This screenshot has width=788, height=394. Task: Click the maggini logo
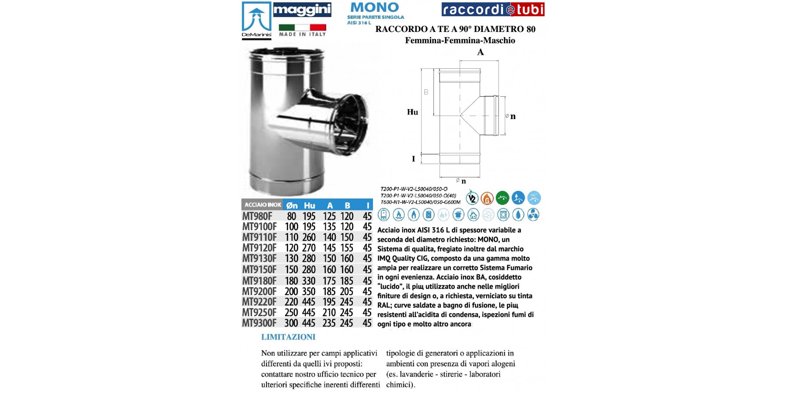pyautogui.click(x=302, y=10)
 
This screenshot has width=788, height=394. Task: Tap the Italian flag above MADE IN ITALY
pyautogui.click(x=302, y=27)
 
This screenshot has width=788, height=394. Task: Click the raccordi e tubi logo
pyautogui.click(x=493, y=9)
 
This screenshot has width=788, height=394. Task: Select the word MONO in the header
pyautogui.click(x=375, y=7)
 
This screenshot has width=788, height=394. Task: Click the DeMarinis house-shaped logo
pyautogui.click(x=257, y=21)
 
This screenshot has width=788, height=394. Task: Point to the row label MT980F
pyautogui.click(x=257, y=216)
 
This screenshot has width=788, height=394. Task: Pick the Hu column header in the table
pyautogui.click(x=310, y=205)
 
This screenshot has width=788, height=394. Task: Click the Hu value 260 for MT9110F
pyautogui.click(x=309, y=237)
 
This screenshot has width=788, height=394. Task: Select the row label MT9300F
pyautogui.click(x=259, y=323)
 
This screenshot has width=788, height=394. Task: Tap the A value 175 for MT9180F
pyautogui.click(x=329, y=281)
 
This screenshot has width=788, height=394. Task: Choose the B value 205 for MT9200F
pyautogui.click(x=347, y=292)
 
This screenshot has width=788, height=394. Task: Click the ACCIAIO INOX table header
pyautogui.click(x=263, y=205)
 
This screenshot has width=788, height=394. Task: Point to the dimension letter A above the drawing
pyautogui.click(x=480, y=53)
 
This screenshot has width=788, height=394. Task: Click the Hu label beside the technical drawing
pyautogui.click(x=412, y=112)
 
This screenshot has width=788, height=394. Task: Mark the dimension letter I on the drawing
pyautogui.click(x=413, y=159)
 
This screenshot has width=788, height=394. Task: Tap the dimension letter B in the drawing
pyautogui.click(x=426, y=92)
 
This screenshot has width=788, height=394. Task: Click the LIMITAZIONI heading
pyautogui.click(x=288, y=337)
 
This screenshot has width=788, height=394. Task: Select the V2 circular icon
pyautogui.click(x=472, y=198)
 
